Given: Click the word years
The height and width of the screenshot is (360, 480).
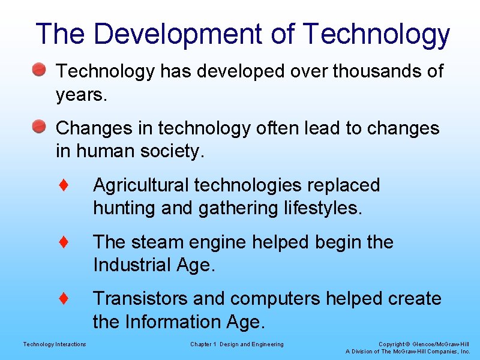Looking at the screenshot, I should [x=81, y=95].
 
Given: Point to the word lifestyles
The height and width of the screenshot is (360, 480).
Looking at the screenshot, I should [x=321, y=209].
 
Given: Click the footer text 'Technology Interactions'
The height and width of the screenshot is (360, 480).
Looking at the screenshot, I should [x=55, y=344].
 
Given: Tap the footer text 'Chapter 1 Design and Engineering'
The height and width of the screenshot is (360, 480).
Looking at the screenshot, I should [x=237, y=344].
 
